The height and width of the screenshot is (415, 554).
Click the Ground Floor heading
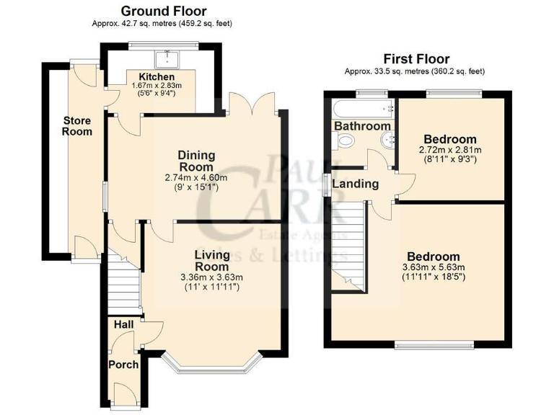163,11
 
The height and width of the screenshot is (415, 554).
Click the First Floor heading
415,59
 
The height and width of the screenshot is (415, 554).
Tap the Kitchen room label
157,76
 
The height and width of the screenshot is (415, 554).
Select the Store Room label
77,126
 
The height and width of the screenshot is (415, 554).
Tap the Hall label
123,326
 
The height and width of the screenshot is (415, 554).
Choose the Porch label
123,365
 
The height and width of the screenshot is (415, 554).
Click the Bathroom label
362,126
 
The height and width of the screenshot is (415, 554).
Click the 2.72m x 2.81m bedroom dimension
450,150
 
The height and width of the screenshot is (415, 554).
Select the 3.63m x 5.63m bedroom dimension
433,267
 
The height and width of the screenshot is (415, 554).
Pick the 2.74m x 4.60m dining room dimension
196,178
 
